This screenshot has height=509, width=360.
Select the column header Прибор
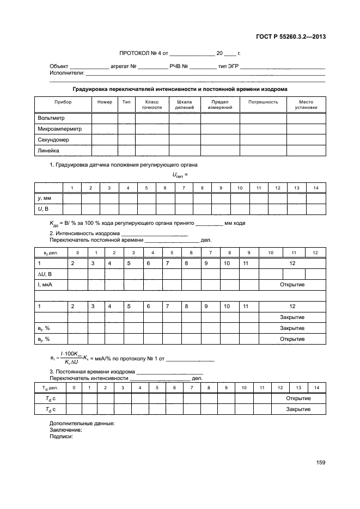pyautogui.click(x=63, y=102)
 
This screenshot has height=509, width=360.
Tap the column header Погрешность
pyautogui.click(x=263, y=102)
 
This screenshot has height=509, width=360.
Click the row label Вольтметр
pyautogui.click(x=50, y=118)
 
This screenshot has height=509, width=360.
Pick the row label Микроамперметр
pyautogui.click(x=59, y=129)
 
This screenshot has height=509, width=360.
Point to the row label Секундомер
pyautogui.click(x=53, y=140)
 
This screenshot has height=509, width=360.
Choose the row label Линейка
pyautogui.click(x=48, y=151)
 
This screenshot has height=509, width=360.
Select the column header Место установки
pyautogui.click(x=306, y=105)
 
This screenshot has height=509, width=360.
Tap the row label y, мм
pyautogui.click(x=44, y=199)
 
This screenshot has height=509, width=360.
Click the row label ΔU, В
pyautogui.click(x=45, y=274)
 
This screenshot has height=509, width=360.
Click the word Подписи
pyautogui.click(x=61, y=436)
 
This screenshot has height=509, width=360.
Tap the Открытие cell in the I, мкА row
pyautogui.click(x=292, y=285)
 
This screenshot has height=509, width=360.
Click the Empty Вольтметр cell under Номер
pyautogui.click(x=105, y=118)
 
